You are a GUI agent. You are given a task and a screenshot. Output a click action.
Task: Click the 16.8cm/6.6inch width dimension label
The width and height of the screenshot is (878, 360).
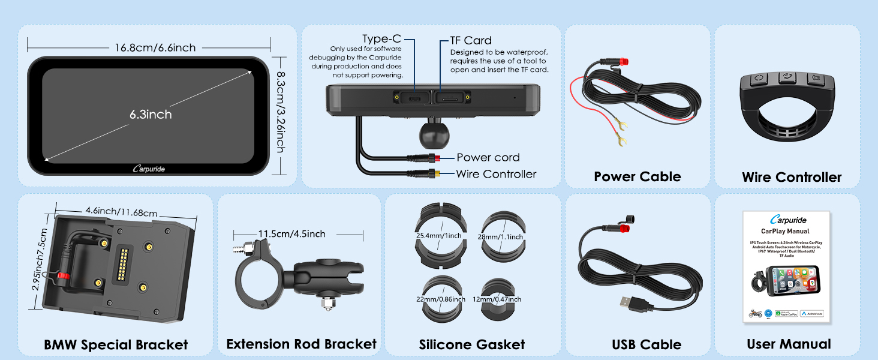pos(155,47)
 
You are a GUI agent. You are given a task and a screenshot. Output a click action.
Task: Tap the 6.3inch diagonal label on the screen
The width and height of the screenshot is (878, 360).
pos(151,114)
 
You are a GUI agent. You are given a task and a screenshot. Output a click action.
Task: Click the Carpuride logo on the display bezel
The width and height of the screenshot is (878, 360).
pos(149,169)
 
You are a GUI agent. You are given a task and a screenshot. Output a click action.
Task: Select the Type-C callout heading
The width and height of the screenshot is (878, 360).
pos(381,39)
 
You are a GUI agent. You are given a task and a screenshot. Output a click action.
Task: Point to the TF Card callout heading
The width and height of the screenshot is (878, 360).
pos(471,40)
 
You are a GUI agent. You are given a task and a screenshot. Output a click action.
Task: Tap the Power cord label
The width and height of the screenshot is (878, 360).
pos(488,157)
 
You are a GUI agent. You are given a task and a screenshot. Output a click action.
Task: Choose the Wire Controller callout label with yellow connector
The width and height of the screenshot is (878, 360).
pos(496,174)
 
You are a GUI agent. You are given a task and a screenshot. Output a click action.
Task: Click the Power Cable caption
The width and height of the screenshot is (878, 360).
pos(637,176)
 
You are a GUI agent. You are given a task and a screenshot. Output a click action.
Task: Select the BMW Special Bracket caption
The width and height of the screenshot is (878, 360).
pos(116,344)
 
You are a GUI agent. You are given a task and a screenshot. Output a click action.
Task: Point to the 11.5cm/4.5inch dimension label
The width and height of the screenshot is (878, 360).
pos(292,233)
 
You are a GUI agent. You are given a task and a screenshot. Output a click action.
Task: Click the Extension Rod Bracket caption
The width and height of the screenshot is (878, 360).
pos(301,344)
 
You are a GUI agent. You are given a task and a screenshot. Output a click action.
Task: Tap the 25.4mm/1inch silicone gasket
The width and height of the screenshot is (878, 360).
pos(439,236)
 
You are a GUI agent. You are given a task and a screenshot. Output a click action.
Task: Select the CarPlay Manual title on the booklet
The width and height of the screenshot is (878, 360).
pos(785,231)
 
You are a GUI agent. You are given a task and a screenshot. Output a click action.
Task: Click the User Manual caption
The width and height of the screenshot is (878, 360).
pos(789,344)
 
